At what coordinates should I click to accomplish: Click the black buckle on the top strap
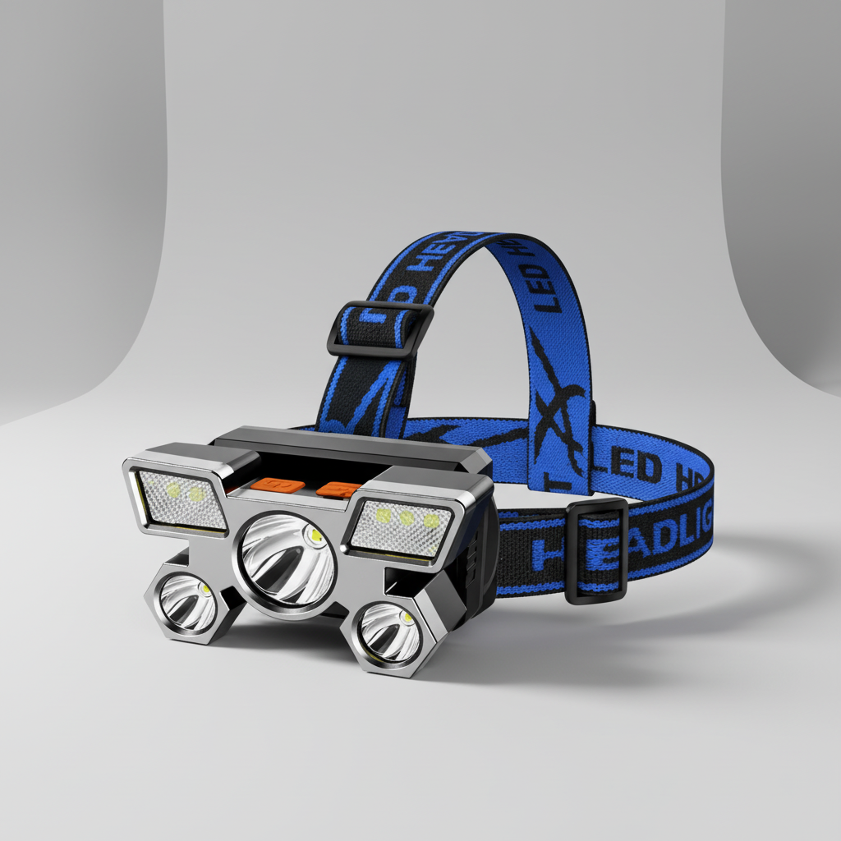[380, 328]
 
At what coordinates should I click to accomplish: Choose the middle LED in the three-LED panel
[405, 518]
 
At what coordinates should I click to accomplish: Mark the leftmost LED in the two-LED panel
[173, 491]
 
